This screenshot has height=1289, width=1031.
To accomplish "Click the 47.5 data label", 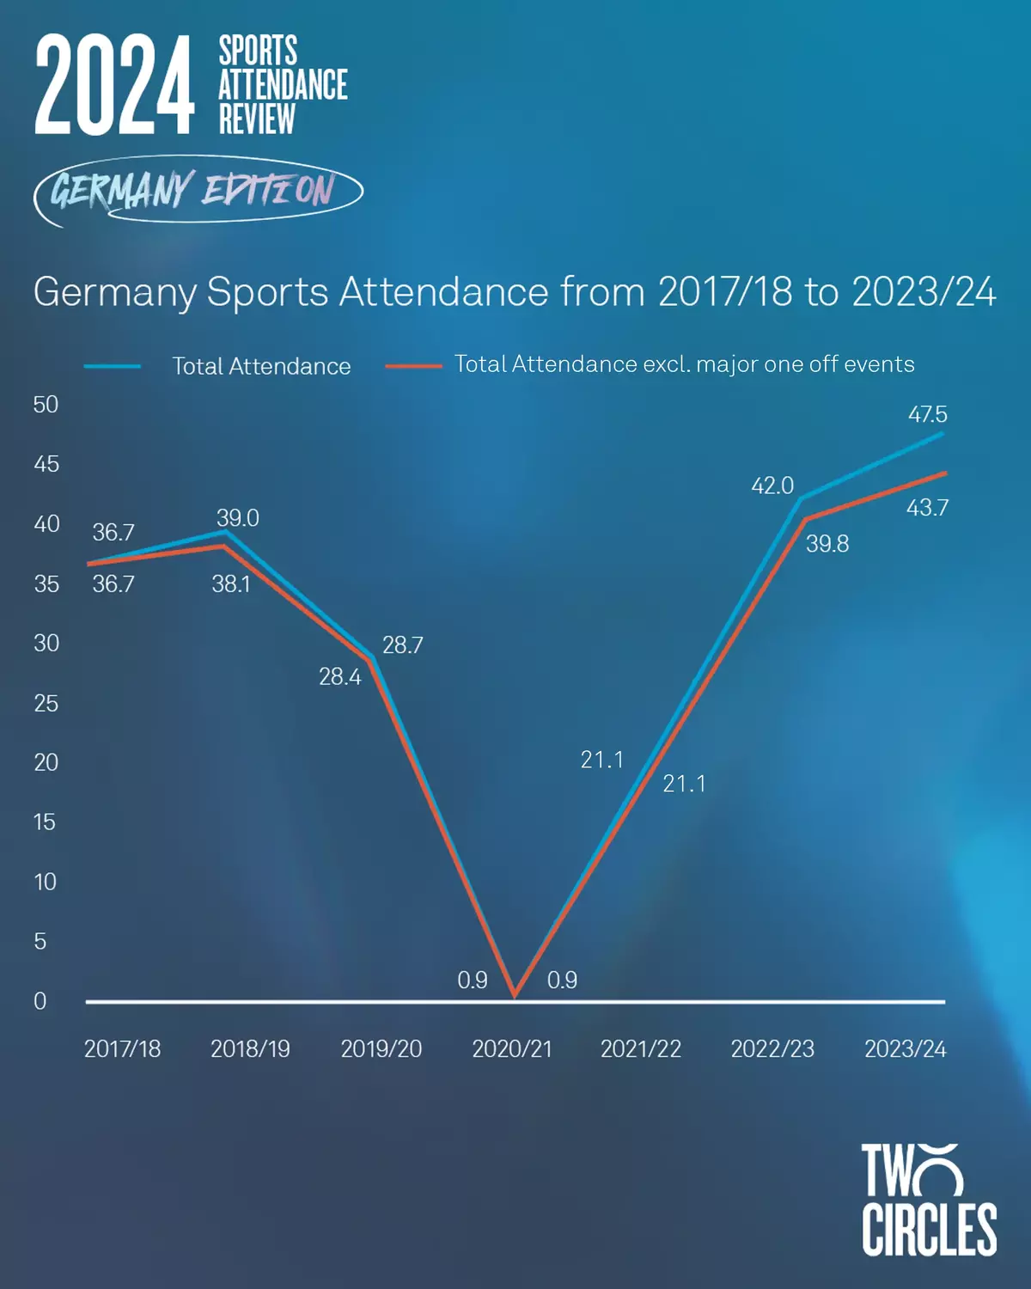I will tap(927, 414).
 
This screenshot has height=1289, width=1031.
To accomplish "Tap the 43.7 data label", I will tap(927, 508).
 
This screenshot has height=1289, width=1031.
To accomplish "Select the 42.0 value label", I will tap(772, 486).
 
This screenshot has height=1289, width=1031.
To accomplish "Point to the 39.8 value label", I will tap(827, 544).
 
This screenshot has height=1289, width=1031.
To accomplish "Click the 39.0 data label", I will tap(237, 518).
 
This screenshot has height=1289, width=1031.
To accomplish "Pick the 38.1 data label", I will tap(231, 584).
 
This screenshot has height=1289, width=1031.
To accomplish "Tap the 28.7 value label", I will tap(402, 645).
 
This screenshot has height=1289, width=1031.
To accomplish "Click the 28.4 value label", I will tap(340, 677).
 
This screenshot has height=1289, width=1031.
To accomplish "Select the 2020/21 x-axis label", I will tap(512, 1049).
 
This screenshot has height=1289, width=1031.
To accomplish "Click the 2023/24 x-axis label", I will tap(905, 1049).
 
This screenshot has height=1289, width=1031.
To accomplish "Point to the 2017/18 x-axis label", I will tap(122, 1049).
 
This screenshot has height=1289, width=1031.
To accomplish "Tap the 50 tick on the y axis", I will tap(46, 405).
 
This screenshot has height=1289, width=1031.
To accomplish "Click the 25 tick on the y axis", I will tap(46, 704).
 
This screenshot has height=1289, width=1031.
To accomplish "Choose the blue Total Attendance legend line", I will tap(113, 367).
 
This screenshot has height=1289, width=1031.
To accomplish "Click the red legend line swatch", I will tap(413, 366).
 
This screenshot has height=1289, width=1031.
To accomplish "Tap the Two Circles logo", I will tap(929, 1200).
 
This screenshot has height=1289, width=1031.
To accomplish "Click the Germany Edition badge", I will tap(198, 190).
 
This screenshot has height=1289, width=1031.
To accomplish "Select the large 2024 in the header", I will tap(114, 85).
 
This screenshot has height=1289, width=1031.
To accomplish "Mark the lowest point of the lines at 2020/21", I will tap(515, 994).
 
